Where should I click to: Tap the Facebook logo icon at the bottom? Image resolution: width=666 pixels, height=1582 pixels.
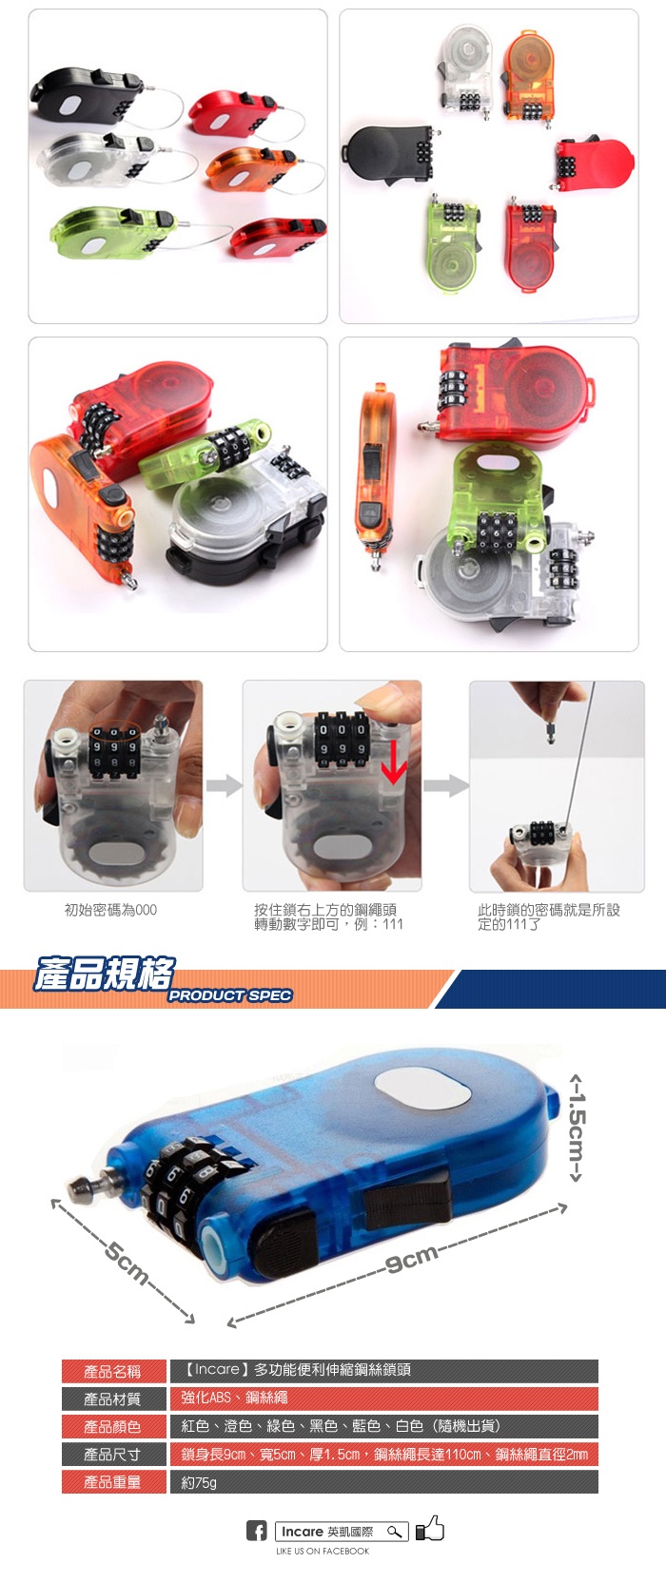tap(256, 1531)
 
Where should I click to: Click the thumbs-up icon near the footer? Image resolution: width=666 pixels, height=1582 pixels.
tap(430, 1528)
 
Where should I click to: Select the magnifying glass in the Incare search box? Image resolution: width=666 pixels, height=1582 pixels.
tap(395, 1532)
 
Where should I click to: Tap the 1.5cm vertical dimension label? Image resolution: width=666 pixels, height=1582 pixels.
tap(578, 1128)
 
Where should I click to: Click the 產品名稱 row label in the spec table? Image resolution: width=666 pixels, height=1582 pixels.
tap(113, 1372)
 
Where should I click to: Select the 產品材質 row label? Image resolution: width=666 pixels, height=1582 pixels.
tap(113, 1399)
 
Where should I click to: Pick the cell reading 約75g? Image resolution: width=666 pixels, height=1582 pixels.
tap(199, 1482)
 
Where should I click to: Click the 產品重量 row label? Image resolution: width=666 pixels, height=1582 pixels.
tap(113, 1482)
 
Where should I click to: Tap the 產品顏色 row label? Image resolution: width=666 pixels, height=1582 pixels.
tap(113, 1427)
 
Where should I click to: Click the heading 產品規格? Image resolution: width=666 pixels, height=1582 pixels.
tap(104, 974)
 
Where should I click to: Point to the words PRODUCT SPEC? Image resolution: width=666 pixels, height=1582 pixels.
tap(230, 995)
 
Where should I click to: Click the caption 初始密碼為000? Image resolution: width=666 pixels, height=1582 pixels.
tap(111, 910)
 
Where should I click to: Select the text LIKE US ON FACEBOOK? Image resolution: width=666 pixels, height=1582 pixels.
tap(323, 1551)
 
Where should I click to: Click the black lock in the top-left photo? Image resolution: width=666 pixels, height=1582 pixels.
tap(88, 96)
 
